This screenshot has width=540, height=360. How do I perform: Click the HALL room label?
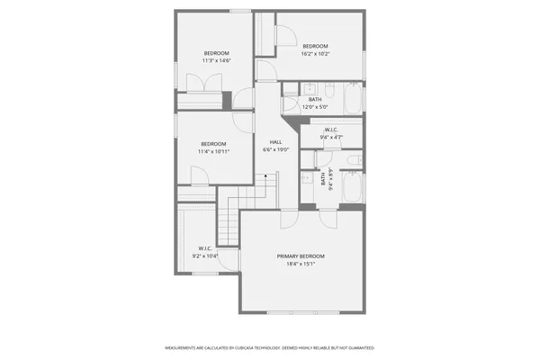276,142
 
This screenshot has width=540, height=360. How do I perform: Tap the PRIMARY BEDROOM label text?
301,256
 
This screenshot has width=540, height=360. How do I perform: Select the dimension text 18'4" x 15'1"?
301,264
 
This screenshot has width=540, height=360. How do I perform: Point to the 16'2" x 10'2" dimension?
315,54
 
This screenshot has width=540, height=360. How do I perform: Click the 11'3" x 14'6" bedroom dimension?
217,61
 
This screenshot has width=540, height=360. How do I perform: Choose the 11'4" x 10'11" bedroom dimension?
213,151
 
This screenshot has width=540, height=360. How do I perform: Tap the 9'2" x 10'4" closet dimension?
205,256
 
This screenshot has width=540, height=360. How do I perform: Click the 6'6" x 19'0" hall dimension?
276,150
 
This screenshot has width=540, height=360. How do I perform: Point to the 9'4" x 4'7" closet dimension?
331,138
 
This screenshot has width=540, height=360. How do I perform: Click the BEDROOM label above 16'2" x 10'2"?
315,46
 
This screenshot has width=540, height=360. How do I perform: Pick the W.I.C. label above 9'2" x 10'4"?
204,248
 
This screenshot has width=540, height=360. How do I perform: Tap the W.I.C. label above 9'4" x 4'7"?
331,130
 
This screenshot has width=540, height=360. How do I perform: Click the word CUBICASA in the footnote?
247,347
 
